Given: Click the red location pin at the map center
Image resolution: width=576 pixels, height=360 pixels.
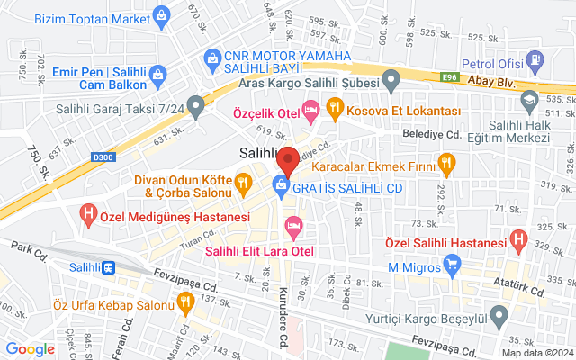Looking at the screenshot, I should [x=288, y=159].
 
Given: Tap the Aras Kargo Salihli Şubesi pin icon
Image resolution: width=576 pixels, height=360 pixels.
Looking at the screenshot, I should [x=391, y=85].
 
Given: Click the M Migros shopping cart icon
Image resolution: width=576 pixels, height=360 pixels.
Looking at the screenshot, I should [x=453, y=265].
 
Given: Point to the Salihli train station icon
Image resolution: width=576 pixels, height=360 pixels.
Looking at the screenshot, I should [x=109, y=267].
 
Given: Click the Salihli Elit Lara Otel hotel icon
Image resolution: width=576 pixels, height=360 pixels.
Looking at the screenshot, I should [x=291, y=225].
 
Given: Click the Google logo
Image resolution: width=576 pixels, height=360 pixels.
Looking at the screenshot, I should [x=31, y=349].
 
